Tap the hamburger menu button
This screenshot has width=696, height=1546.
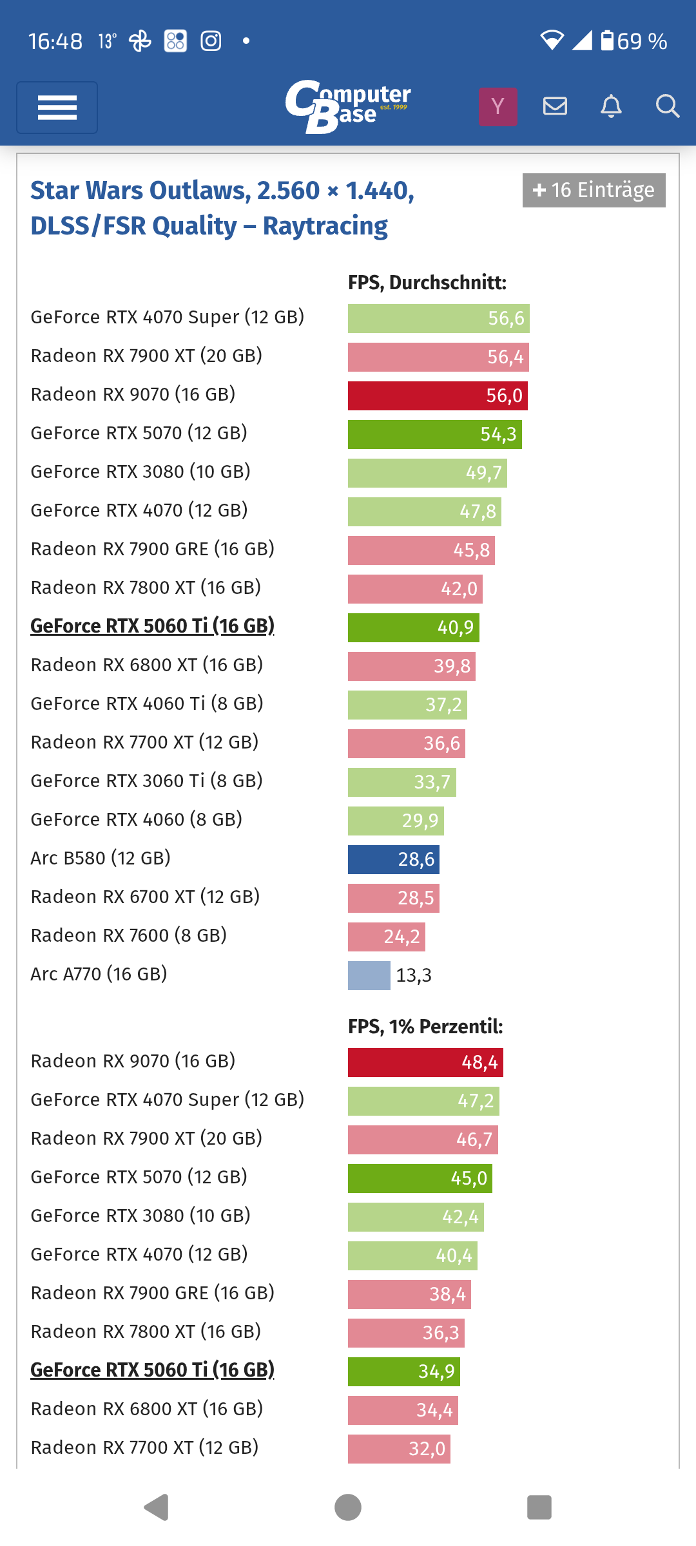tap(57, 108)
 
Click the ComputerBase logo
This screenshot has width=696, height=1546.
tap(347, 106)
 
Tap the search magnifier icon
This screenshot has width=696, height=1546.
tap(667, 106)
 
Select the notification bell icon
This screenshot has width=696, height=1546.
tap(611, 106)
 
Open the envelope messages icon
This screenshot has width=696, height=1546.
tap(555, 106)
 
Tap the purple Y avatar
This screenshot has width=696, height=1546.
tap(498, 106)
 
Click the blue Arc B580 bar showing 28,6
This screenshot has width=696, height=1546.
tap(393, 859)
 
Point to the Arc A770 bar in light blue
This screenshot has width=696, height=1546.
tap(369, 975)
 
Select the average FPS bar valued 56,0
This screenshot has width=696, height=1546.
tap(438, 396)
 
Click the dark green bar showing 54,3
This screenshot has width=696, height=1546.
tap(434, 434)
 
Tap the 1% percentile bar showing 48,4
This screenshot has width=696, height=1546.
tap(425, 1062)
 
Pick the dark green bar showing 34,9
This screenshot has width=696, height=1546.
tap(403, 1371)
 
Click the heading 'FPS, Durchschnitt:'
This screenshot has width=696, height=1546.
tap(427, 283)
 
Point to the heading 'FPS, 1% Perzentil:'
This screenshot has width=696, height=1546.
tap(425, 1026)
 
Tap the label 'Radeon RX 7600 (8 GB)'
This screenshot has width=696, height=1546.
tap(129, 935)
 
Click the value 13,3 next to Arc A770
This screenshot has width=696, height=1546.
tap(414, 975)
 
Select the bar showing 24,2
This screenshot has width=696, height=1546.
tap(386, 937)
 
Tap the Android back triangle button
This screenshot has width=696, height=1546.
tap(156, 1507)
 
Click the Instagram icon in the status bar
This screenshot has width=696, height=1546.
tap(211, 41)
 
